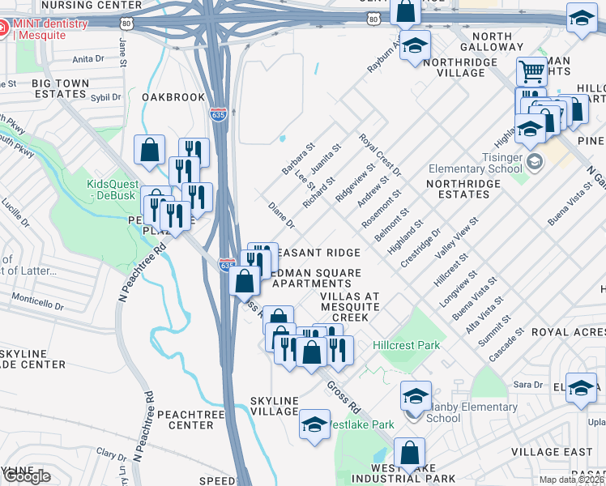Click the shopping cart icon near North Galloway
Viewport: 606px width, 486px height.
point(531,71)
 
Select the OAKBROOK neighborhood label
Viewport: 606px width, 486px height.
point(173,96)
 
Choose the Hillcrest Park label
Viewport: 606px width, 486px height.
point(406,345)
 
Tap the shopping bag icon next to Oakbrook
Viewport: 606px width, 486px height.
point(150,149)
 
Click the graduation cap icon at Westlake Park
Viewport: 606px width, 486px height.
point(314,423)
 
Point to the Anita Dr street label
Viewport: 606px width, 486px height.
point(88,59)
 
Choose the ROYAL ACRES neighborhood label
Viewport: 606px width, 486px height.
point(567,332)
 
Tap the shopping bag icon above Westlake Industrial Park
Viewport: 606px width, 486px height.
point(410,453)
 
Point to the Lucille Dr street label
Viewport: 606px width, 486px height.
point(14,222)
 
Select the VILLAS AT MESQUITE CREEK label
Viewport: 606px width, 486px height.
point(349,307)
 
